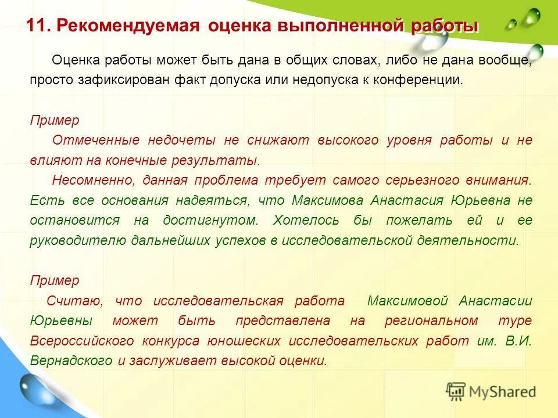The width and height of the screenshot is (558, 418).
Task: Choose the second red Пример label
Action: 55,280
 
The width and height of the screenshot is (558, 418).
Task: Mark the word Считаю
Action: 75,301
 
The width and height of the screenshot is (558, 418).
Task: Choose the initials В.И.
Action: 518,341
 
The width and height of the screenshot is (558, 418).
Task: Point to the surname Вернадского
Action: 71,361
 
